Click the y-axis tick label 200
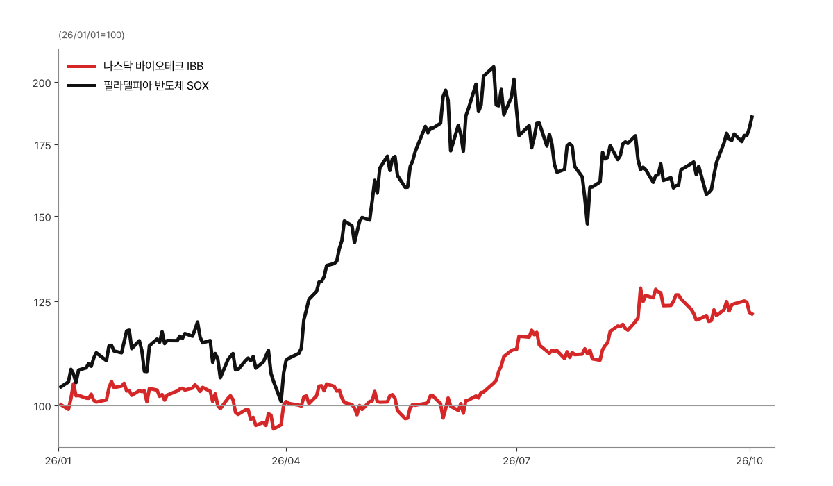[42, 83]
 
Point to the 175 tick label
[42, 145]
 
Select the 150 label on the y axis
[42, 217]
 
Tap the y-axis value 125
[42, 302]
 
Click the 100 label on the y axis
[42, 406]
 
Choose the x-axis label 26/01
[58, 461]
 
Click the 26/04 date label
[285, 461]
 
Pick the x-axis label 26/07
[516, 461]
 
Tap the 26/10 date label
[749, 461]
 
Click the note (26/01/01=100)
[92, 35]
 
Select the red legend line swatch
[82, 66]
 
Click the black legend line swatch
[82, 86]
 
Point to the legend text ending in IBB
[153, 66]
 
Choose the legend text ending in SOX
[155, 86]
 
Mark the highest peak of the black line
[494, 67]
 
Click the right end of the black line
[752, 117]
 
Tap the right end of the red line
[752, 315]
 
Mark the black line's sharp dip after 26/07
[587, 224]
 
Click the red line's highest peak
[640, 288]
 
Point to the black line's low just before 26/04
[281, 401]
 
